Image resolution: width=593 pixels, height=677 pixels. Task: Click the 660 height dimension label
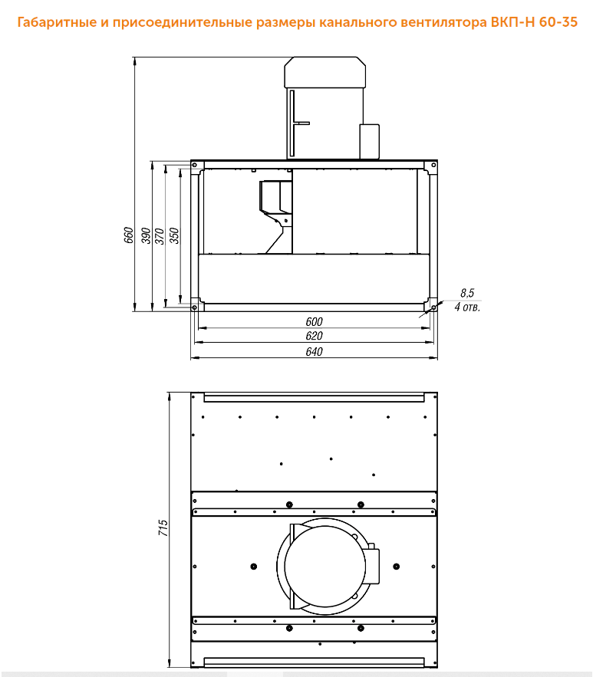(128, 235)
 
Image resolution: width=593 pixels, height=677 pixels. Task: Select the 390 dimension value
(146, 235)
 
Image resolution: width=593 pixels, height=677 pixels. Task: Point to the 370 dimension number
(160, 235)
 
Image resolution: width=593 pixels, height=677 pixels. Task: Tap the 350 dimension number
(173, 235)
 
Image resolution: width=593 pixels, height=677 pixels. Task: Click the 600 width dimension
(314, 322)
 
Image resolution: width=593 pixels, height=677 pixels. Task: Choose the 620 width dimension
(314, 336)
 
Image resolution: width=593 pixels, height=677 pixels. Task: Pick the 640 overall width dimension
(314, 351)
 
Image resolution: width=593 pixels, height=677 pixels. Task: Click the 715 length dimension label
(163, 527)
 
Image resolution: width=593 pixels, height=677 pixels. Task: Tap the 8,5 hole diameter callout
(467, 293)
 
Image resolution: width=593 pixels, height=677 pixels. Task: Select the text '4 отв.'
(467, 307)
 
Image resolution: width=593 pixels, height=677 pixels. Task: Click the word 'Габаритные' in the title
(57, 22)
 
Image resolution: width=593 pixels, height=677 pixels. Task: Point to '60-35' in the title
(558, 21)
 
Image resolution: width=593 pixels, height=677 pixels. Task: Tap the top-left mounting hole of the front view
(194, 165)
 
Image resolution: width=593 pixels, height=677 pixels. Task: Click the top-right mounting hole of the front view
(433, 165)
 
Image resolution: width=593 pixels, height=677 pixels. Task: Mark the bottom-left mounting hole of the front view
(194, 307)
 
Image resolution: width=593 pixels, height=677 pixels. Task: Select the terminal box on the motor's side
(370, 142)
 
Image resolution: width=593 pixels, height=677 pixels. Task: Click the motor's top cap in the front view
(325, 72)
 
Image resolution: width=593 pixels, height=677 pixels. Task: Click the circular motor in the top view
(325, 566)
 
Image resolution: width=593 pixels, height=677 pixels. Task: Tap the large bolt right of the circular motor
(397, 566)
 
